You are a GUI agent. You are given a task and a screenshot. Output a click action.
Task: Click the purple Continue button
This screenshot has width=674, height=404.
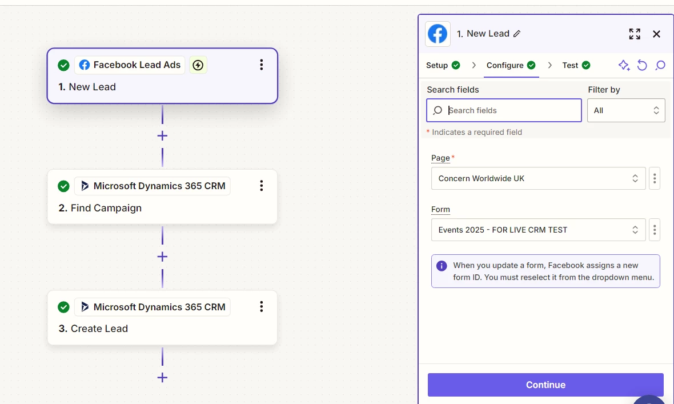pyautogui.click(x=545, y=385)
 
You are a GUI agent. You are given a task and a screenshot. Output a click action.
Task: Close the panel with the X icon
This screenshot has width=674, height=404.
pyautogui.click(x=656, y=34)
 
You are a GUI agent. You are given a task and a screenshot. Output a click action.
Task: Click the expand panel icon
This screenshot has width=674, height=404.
pyautogui.click(x=635, y=34)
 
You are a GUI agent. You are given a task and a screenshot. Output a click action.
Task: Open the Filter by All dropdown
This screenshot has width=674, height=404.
pyautogui.click(x=626, y=111)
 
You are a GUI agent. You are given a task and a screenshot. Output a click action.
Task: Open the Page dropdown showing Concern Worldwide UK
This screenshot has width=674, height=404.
pyautogui.click(x=538, y=178)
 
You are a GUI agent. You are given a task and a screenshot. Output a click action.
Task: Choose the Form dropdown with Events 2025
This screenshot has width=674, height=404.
pyautogui.click(x=538, y=230)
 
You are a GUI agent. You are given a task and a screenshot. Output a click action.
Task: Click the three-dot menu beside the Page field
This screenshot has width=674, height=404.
pyautogui.click(x=655, y=178)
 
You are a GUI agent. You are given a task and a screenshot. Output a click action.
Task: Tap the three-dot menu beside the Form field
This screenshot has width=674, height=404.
pyautogui.click(x=655, y=230)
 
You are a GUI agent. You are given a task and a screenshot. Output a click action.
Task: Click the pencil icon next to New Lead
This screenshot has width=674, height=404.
pyautogui.click(x=517, y=34)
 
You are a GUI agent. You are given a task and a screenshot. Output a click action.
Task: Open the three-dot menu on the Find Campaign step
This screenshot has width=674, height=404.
pyautogui.click(x=262, y=186)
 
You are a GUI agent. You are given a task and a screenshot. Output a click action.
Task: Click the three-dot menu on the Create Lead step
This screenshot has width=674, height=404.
pyautogui.click(x=262, y=307)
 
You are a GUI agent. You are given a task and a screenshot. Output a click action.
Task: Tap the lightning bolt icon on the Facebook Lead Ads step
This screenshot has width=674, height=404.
pyautogui.click(x=198, y=65)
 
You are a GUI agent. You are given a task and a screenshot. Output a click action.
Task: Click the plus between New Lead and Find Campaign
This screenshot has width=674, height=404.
pyautogui.click(x=162, y=136)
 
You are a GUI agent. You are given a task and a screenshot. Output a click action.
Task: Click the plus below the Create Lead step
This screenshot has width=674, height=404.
pyautogui.click(x=162, y=378)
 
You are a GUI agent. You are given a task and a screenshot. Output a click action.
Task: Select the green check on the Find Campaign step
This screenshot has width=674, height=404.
pyautogui.click(x=63, y=186)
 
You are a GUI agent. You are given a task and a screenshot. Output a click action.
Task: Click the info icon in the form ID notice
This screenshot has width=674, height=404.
pyautogui.click(x=442, y=266)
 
